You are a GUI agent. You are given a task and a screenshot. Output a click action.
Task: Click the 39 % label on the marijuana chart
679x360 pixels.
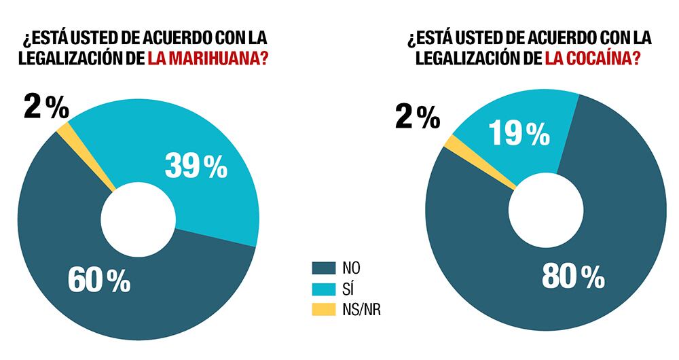(196, 166)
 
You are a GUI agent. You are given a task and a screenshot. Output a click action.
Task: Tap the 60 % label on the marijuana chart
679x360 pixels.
(99, 281)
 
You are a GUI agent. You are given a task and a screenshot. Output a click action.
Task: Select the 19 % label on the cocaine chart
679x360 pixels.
(519, 134)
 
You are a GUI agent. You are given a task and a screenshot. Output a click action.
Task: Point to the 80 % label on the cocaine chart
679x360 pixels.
(573, 276)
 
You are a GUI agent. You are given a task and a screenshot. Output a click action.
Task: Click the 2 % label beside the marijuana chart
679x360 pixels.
(45, 107)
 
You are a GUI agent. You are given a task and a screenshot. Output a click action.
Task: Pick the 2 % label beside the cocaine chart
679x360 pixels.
(417, 118)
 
